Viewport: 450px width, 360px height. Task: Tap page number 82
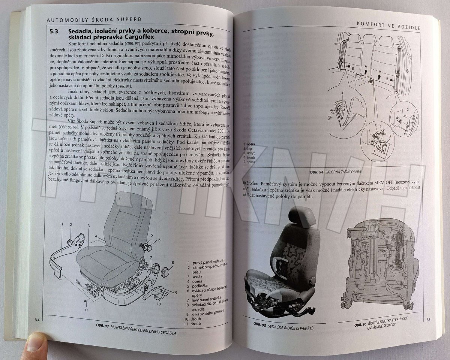37,319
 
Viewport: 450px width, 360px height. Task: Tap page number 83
429,320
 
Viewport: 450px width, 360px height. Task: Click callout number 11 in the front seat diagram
86,310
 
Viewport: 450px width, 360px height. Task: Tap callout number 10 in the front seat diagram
158,304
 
